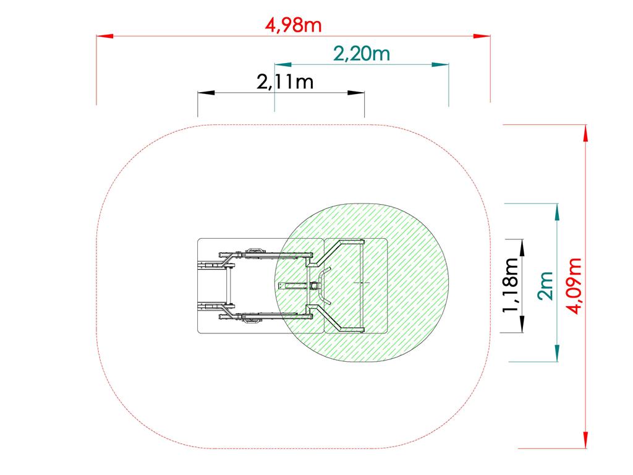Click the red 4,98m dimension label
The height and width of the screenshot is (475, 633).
tap(294, 25)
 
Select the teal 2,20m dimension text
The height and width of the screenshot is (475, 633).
tap(362, 54)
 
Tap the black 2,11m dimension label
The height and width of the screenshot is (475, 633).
tap(285, 82)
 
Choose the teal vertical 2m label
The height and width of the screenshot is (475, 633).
tap(545, 286)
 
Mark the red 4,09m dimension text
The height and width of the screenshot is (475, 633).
tap(574, 286)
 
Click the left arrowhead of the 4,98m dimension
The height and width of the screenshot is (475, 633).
tap(104, 36)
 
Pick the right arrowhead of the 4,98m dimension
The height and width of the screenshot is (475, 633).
tap(482, 36)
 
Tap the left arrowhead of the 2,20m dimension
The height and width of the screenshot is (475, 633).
tap(283, 64)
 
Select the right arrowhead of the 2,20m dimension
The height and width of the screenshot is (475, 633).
tap(440, 64)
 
